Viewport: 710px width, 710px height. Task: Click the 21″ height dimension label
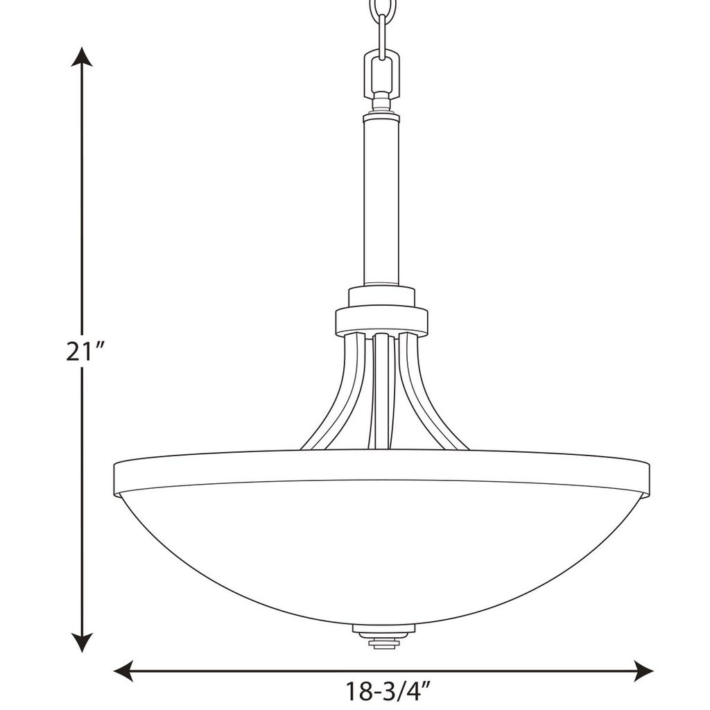[85, 352]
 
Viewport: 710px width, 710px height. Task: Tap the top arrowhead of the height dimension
[83, 56]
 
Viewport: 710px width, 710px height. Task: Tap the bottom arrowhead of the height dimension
[83, 643]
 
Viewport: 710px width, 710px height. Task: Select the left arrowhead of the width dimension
[123, 670]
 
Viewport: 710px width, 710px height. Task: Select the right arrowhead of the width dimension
[644, 670]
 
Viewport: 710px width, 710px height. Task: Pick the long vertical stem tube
[381, 201]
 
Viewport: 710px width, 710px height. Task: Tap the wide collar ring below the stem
[381, 321]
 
